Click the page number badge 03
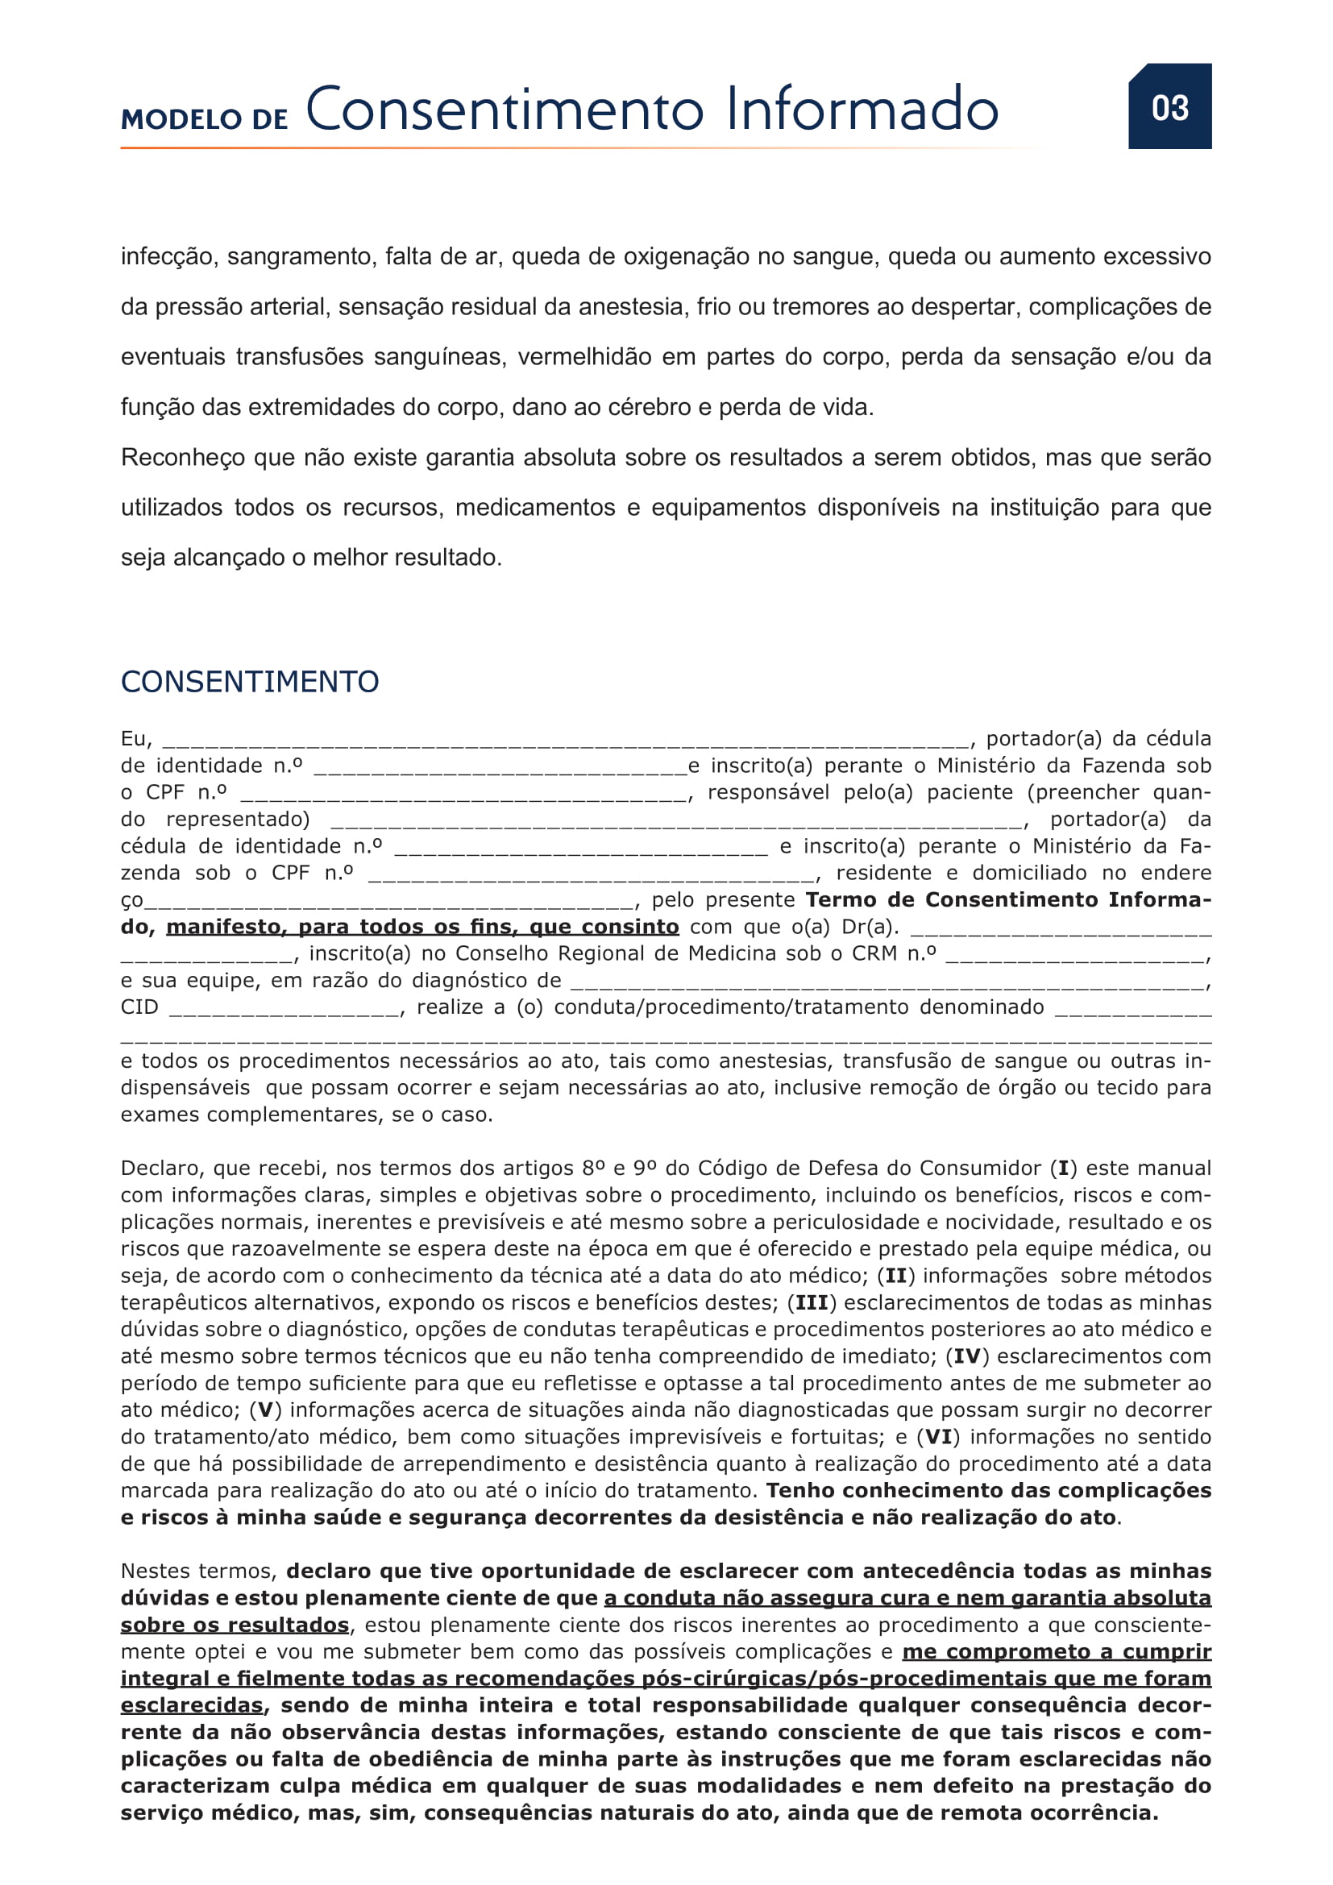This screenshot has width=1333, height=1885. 1169,107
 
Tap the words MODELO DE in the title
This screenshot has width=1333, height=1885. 205,119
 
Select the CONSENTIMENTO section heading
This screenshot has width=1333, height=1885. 250,682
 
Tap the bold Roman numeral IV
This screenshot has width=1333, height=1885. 967,1356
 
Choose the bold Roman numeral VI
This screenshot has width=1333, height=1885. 939,1437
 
